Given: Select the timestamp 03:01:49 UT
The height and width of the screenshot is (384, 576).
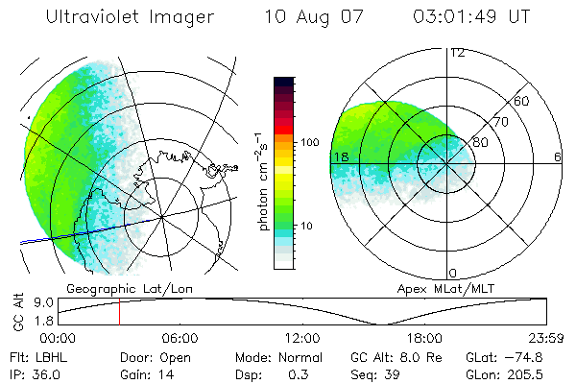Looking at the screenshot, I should point(471,17).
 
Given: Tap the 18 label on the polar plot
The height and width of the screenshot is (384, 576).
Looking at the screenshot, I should point(339,156).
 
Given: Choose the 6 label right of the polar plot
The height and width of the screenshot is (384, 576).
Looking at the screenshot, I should point(558,156).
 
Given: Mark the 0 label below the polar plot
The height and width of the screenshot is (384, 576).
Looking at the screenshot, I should point(453,274).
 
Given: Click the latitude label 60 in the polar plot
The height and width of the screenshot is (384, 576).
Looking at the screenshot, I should point(522,101).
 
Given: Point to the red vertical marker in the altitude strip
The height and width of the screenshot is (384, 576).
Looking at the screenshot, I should point(119,313).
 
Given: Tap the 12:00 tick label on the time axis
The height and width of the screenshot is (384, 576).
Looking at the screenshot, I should point(302,338).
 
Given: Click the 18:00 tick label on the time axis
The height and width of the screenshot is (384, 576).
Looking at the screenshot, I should point(424,338).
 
